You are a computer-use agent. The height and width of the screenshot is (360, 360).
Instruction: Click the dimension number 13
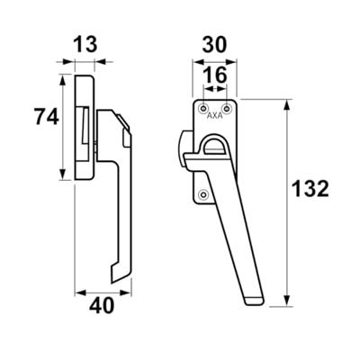coord(85,45)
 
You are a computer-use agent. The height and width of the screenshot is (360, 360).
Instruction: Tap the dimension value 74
coord(46,117)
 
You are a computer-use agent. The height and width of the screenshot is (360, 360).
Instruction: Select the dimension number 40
coord(102,306)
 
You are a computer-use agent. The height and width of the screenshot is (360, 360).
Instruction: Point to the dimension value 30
coord(214,46)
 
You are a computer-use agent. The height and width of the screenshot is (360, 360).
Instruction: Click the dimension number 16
coord(215,75)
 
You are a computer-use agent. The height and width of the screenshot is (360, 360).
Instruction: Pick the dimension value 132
coord(310,189)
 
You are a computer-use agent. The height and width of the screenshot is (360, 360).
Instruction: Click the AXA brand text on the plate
coord(215,116)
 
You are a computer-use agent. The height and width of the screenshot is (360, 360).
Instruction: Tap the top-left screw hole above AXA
coord(204,108)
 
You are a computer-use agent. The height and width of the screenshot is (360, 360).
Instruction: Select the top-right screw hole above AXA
coord(228,108)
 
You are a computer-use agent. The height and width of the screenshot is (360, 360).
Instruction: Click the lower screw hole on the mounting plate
coord(204,194)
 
